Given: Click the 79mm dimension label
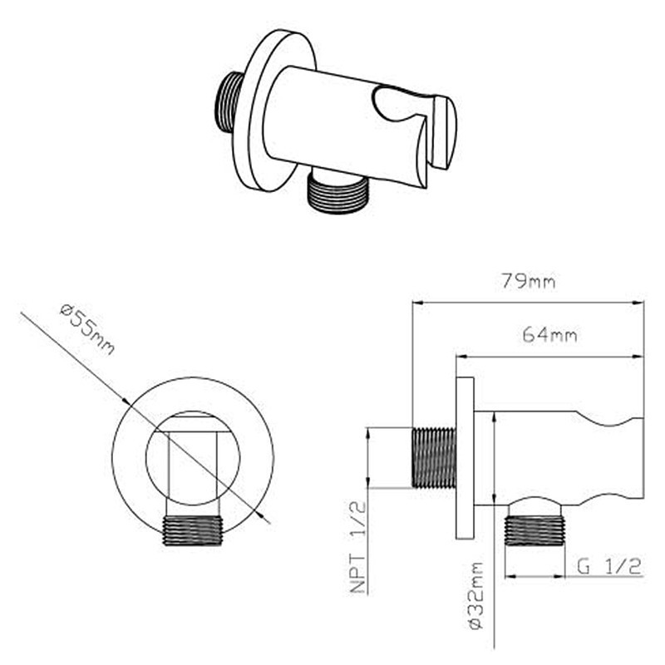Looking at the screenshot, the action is (x=529, y=281).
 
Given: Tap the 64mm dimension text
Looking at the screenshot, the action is (x=549, y=335).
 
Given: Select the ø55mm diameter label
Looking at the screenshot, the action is (x=87, y=329).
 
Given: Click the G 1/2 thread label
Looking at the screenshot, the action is (x=609, y=566).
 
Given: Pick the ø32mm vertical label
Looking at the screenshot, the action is (x=476, y=596).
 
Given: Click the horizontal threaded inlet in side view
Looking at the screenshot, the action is (x=434, y=458).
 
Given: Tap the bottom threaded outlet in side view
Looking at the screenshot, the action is (x=534, y=530).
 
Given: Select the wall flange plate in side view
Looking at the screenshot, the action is (x=465, y=458).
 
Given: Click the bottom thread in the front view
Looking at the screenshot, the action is (x=193, y=530).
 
